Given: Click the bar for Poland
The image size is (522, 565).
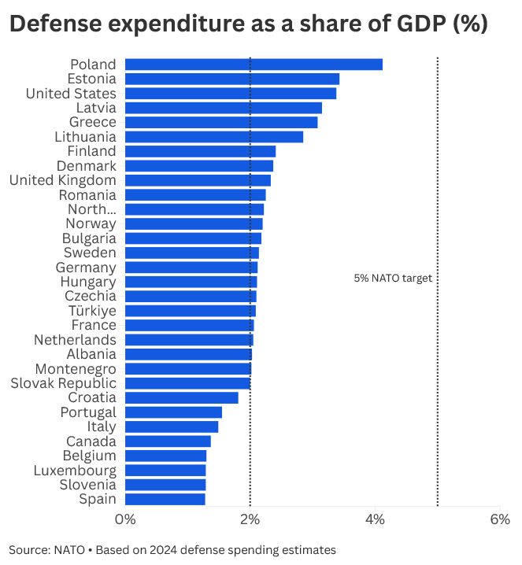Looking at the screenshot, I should tap(254, 65).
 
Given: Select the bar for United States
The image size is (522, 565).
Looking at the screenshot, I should tap(231, 94).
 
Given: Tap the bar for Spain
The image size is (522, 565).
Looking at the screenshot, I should tap(165, 499).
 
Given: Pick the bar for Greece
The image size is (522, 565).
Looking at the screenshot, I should tap(221, 122).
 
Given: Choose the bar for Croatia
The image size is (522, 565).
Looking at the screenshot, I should tap(182, 397).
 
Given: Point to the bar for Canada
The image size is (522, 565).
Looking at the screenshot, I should tap(168, 441).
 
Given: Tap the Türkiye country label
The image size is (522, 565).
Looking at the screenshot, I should tap(92, 311).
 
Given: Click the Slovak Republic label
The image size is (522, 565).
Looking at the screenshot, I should tap(64, 383).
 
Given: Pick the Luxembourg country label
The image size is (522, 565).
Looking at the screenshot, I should tap(75, 471).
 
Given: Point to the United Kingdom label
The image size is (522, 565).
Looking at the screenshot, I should tap(63, 180).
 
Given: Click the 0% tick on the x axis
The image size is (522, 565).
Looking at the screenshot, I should tap(125, 520).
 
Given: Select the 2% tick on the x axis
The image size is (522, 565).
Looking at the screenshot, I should tap(250, 520).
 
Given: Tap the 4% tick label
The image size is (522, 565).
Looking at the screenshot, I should tap(375, 520).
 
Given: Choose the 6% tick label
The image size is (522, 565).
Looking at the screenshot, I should tap(500, 520).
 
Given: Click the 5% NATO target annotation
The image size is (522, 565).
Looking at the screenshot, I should tap(393, 278).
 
